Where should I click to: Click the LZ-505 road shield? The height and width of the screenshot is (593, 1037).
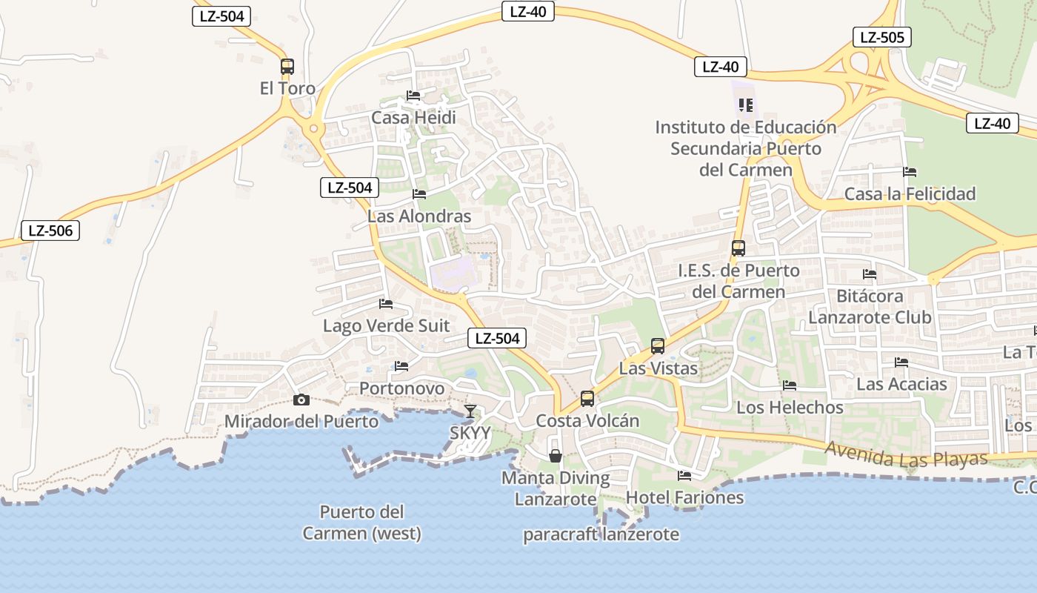coord(881,37)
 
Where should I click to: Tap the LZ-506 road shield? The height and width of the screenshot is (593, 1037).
coord(50,231)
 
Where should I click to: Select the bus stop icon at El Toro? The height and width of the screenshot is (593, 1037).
coord(287,67)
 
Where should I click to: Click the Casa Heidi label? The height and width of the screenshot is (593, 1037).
coord(413,118)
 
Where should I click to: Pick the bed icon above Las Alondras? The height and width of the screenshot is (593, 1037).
coord(419,194)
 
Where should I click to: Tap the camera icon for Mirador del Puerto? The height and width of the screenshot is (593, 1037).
coord(301,400)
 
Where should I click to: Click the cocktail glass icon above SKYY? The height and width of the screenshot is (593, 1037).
coord(470,411)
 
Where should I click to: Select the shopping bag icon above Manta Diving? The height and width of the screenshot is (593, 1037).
coord(556,456)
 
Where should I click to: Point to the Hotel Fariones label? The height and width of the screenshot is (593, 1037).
coord(685,497)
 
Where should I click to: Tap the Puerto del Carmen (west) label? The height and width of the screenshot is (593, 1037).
coord(362,523)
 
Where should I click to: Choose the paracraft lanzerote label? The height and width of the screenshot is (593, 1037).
coord(601,534)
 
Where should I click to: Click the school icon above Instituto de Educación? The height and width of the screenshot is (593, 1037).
coord(746,105)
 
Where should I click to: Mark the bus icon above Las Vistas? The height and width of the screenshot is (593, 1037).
coord(658,345)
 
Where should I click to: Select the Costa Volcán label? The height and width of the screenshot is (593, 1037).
coord(587,421)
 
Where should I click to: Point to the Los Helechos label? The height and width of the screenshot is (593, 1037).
coord(790,408)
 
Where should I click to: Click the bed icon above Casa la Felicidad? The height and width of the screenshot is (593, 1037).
coord(910,172)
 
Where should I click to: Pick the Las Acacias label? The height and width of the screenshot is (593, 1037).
coord(901,384)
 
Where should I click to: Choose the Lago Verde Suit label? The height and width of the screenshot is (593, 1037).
coord(386,326)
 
